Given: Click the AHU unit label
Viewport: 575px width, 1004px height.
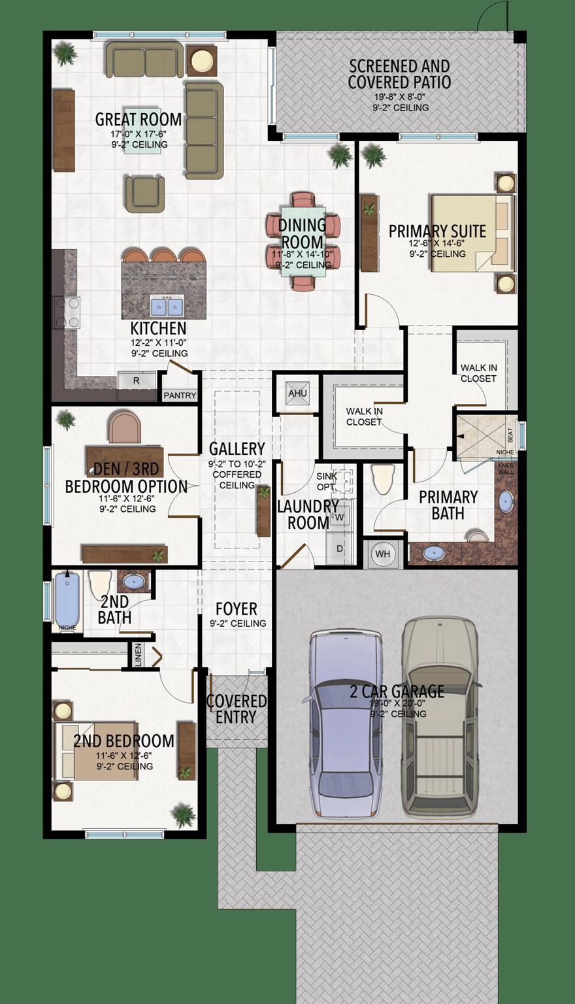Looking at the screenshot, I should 297,393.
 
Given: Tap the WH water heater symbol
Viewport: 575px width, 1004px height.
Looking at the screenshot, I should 382,554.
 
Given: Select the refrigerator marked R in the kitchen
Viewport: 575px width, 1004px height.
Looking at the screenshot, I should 137,380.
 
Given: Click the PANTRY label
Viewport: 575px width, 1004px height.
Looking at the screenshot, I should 180,395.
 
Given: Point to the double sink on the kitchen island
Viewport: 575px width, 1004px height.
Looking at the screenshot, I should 167,306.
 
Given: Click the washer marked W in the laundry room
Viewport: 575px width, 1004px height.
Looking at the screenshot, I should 339,517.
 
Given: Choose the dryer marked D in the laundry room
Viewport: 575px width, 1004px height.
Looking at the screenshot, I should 339,548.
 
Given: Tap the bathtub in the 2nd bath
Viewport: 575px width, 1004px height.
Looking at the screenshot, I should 67,599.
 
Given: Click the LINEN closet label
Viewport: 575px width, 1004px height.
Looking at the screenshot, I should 138,656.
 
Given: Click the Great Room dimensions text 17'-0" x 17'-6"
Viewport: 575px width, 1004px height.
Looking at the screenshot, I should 139,134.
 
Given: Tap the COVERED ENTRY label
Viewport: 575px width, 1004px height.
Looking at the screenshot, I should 237,709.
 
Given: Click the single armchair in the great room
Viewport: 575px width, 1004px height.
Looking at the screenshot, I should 144,193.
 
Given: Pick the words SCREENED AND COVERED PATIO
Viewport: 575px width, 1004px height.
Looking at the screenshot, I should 399,74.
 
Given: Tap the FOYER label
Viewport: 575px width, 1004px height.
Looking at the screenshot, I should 237,609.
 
